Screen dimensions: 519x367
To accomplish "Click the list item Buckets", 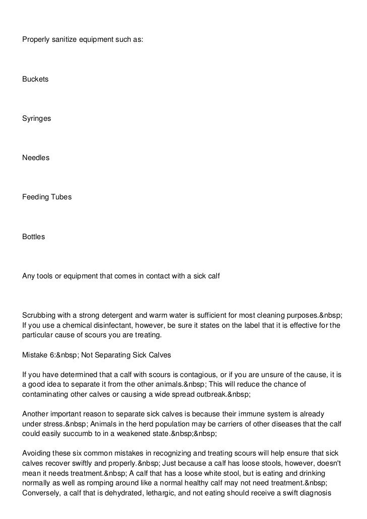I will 35,79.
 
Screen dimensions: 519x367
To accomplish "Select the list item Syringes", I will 37,118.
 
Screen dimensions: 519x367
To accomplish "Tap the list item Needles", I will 36,158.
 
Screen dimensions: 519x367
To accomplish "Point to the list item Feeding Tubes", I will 47,197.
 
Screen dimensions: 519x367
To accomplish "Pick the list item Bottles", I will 34,236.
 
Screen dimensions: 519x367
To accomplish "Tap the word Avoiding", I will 37,454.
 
